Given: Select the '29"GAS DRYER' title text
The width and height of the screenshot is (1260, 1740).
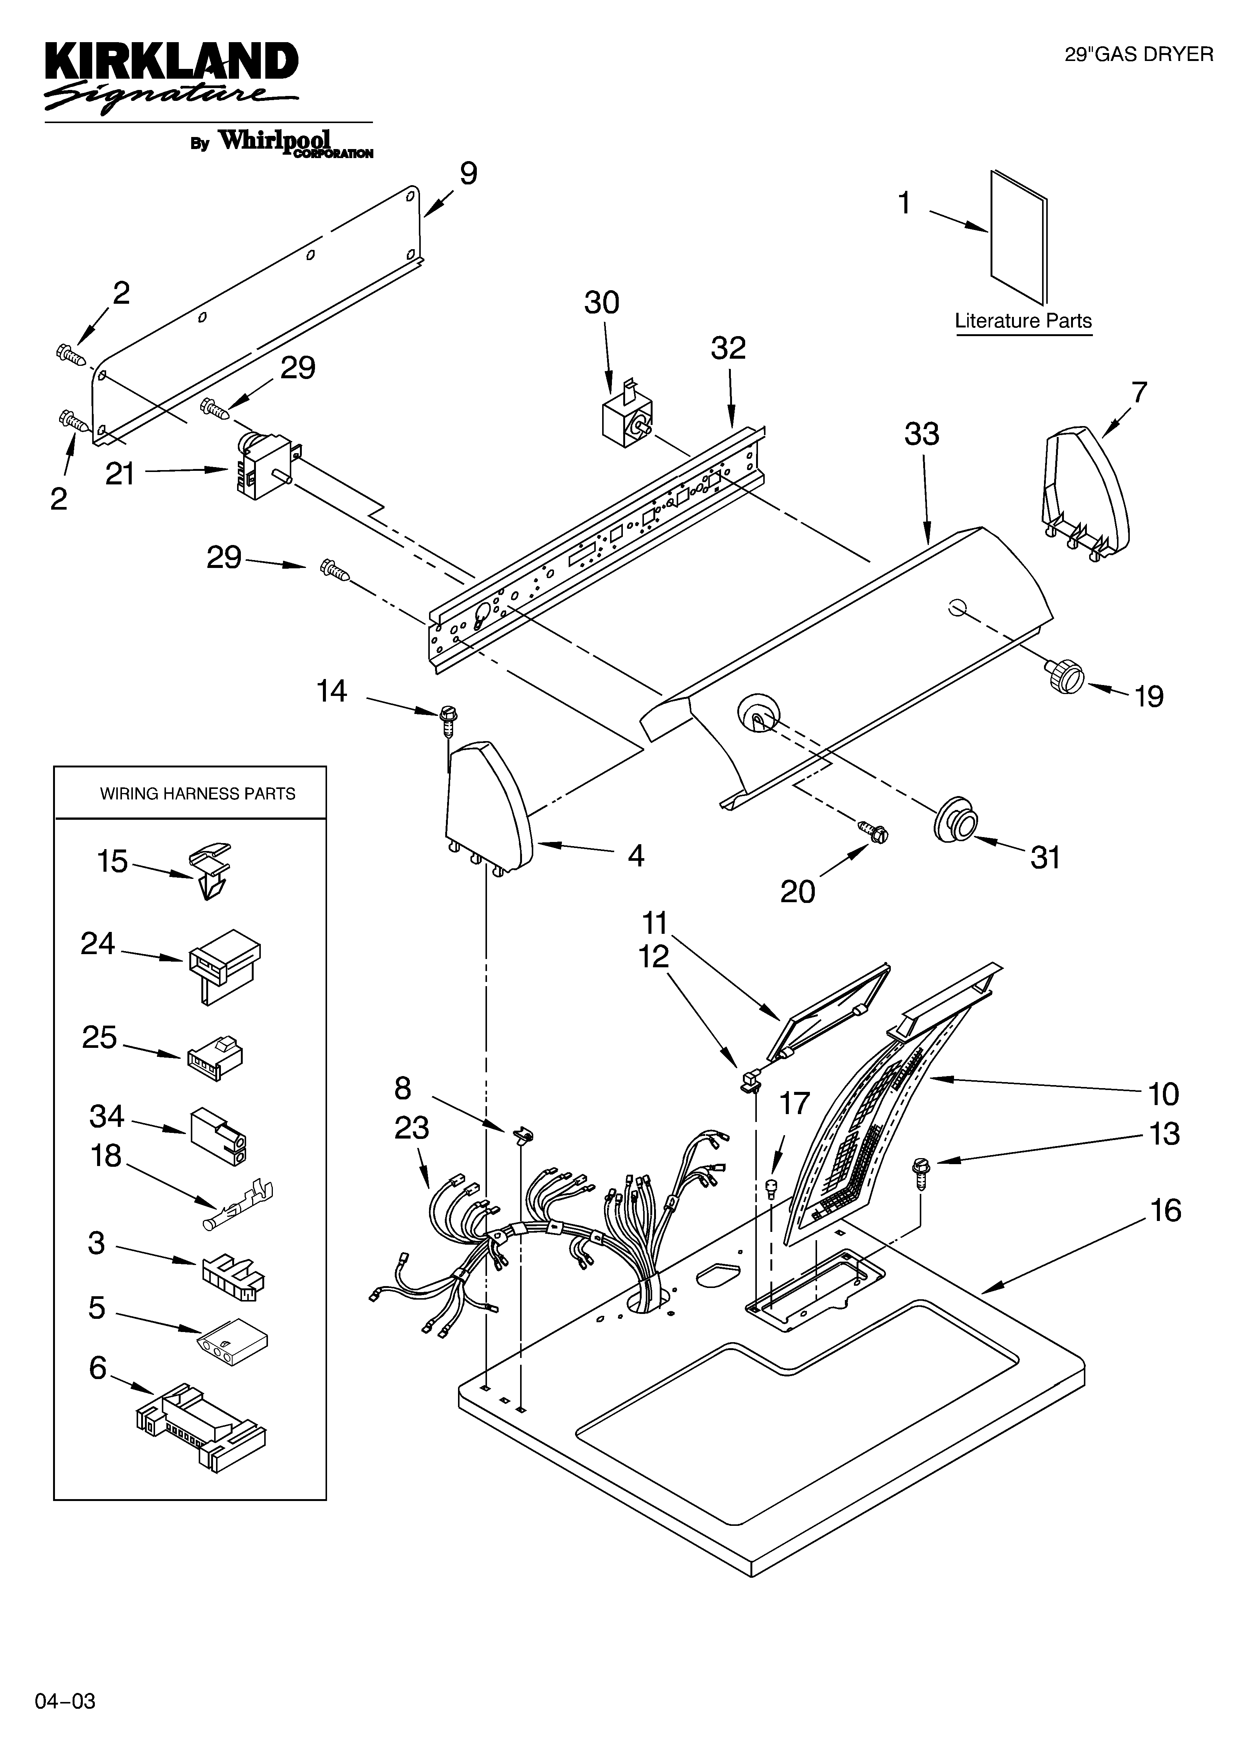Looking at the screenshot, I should coord(1139,55).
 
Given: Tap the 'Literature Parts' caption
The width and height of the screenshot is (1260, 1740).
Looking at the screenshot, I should coord(1023,321).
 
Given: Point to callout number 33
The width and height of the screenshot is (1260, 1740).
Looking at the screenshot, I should coord(922,434).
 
